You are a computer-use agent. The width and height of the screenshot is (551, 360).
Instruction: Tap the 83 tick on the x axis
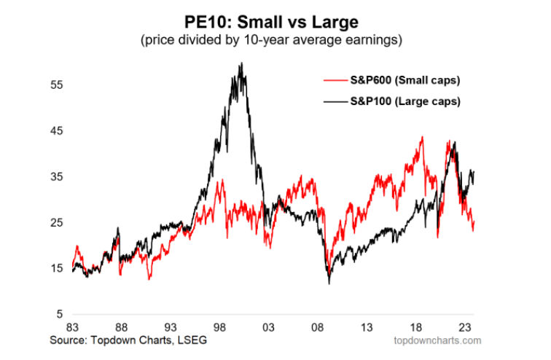[73, 328]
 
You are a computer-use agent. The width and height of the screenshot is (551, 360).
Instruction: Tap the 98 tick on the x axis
[219, 328]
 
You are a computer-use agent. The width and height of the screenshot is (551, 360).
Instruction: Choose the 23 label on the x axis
[461, 328]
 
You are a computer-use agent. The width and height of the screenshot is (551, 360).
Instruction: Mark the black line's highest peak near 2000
[241, 63]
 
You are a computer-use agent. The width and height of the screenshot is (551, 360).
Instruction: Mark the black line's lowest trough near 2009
[329, 283]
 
